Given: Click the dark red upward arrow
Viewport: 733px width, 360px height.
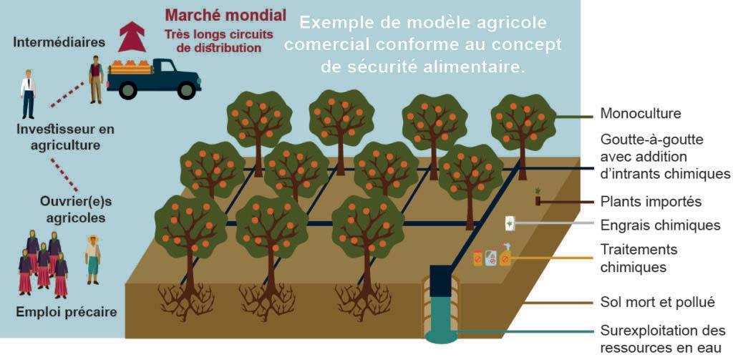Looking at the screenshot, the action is point(131,37).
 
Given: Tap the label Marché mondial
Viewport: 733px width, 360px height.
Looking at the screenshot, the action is point(225,15).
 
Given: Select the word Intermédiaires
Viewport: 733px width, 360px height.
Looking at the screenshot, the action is point(59,42).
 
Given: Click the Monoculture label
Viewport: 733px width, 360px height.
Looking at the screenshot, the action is point(640,114).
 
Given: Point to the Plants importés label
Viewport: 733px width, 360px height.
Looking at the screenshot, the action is point(650,202).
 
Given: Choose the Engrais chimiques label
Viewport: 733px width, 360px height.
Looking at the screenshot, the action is point(660,225).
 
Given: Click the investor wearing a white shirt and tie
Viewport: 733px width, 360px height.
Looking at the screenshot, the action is point(28,94).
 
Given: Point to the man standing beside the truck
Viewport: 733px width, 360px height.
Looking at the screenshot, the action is point(95,79).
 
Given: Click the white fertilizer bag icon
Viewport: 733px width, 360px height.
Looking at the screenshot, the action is point(510,223).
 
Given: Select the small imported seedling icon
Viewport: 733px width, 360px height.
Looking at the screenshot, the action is point(537,195).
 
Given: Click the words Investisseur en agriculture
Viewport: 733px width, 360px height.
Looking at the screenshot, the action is point(64,137).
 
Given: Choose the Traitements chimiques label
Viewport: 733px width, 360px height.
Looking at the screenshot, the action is point(639,258).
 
